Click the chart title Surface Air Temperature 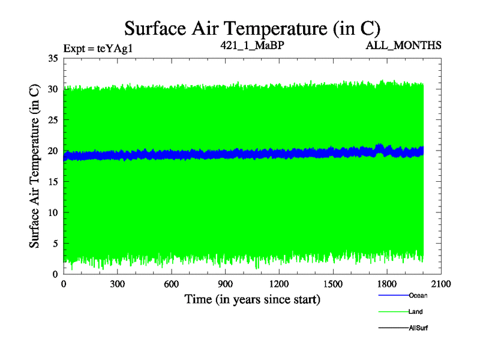[x=252, y=28]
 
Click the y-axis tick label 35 [x=52, y=59]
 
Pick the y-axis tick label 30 [x=52, y=89]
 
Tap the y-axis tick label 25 [x=52, y=120]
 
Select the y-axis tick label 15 [x=52, y=182]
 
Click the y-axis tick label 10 [x=52, y=212]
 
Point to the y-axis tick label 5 [x=54, y=243]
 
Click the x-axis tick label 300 [x=118, y=284]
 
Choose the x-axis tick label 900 [x=226, y=284]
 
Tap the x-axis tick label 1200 [x=279, y=284]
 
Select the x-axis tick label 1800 [x=387, y=284]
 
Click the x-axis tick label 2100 [x=441, y=284]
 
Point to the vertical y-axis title [x=35, y=166]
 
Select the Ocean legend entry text [x=418, y=295]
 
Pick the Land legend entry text [x=416, y=311]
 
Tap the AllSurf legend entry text [x=418, y=328]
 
